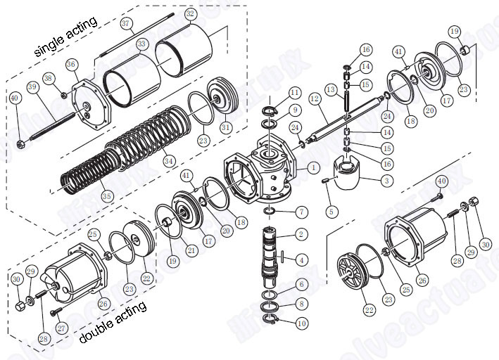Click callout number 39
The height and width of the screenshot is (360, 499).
pyautogui.click(x=32, y=86)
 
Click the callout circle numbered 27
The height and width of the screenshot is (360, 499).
pyautogui.click(x=61, y=327)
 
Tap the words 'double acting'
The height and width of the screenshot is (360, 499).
pyautogui.click(x=113, y=325)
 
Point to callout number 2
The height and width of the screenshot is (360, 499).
pyautogui.click(x=301, y=233)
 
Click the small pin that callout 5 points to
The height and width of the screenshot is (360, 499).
pyautogui.click(x=327, y=181)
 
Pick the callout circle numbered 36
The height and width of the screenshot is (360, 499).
pyautogui.click(x=71, y=65)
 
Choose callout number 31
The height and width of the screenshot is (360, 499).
pyautogui.click(x=226, y=127)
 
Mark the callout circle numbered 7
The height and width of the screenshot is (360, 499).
pyautogui.click(x=301, y=211)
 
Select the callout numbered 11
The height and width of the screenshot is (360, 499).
pyautogui.click(x=294, y=92)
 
